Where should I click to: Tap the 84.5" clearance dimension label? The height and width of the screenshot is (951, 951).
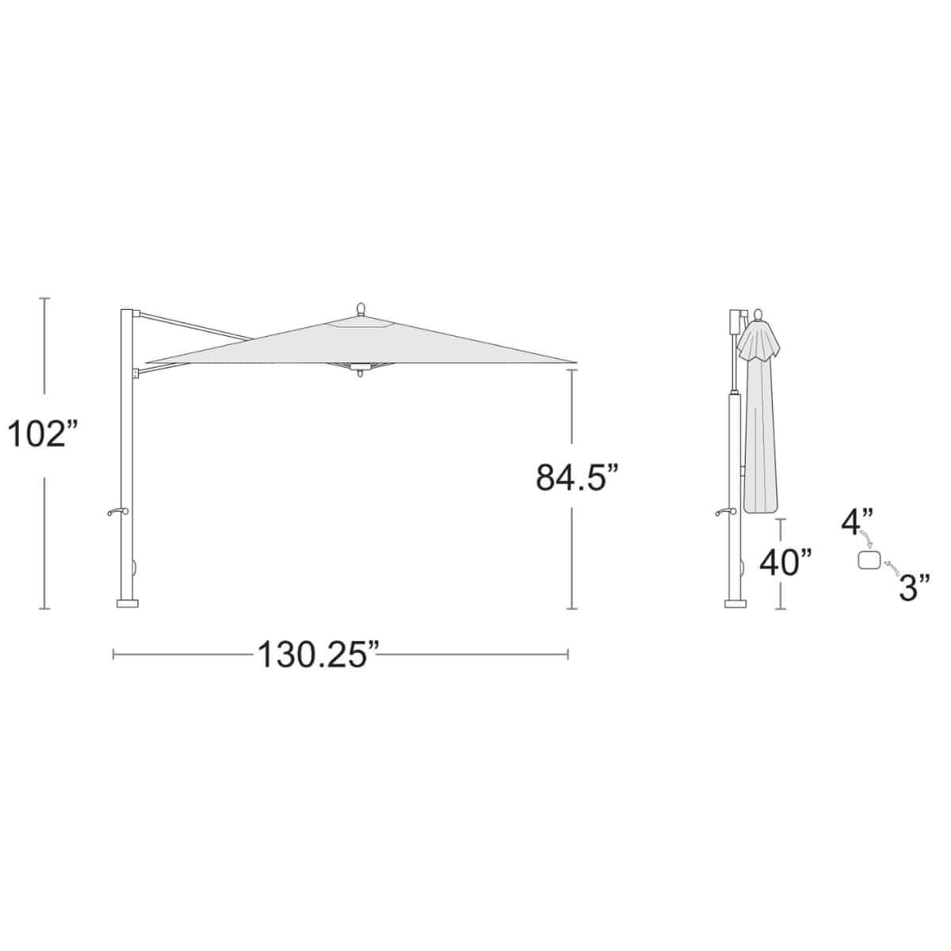(x=576, y=477)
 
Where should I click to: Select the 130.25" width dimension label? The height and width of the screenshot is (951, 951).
(x=318, y=655)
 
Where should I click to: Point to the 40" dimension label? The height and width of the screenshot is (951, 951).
(x=785, y=563)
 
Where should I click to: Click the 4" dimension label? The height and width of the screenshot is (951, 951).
(x=857, y=522)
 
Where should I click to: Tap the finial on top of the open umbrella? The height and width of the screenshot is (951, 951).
(x=361, y=309)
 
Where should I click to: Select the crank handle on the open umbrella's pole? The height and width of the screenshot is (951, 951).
(x=117, y=512)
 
